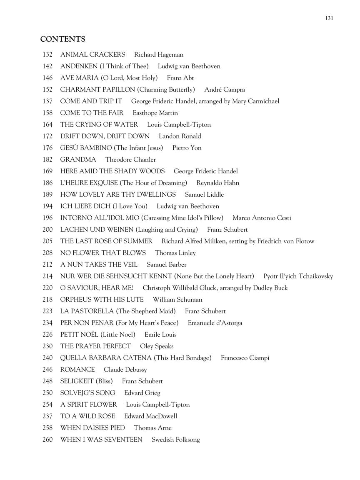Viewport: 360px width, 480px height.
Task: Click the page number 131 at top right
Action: pos(329,18)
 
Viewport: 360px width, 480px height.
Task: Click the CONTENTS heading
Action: pos(62,39)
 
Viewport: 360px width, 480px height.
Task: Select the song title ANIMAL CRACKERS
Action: pos(92,55)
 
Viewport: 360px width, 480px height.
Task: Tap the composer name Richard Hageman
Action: pos(159,55)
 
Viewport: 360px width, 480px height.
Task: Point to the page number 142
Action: pos(47,66)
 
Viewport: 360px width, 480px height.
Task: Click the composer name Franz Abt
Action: pos(180,78)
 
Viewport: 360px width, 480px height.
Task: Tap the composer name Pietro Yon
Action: pos(187,148)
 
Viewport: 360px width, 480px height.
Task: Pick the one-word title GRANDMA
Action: pos(78,160)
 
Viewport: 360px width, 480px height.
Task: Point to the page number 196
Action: pos(47,218)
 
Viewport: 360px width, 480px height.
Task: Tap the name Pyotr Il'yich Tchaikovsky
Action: pos(298,276)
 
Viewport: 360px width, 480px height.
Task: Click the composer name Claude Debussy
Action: pos(125,370)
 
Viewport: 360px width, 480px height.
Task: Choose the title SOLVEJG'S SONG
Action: pos(87,393)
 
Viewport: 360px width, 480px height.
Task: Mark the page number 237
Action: pos(47,416)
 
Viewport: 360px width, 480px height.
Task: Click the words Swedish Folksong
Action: pos(175,440)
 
